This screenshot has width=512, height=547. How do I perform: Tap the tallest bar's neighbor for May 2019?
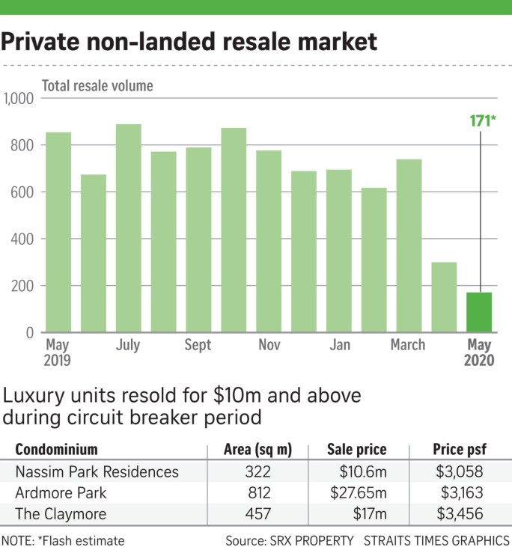point(58,232)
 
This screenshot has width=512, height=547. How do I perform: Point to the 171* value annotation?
point(480,119)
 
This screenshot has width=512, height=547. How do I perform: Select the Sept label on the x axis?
point(198,345)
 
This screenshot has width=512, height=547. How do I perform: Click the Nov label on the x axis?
point(269,345)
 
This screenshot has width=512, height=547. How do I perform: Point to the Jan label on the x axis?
point(339,345)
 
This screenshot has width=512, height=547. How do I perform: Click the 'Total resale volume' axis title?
point(97,86)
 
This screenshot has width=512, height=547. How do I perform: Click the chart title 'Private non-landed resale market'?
point(189,41)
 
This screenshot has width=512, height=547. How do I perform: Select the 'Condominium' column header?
point(58,450)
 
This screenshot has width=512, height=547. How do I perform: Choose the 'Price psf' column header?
point(460,450)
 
